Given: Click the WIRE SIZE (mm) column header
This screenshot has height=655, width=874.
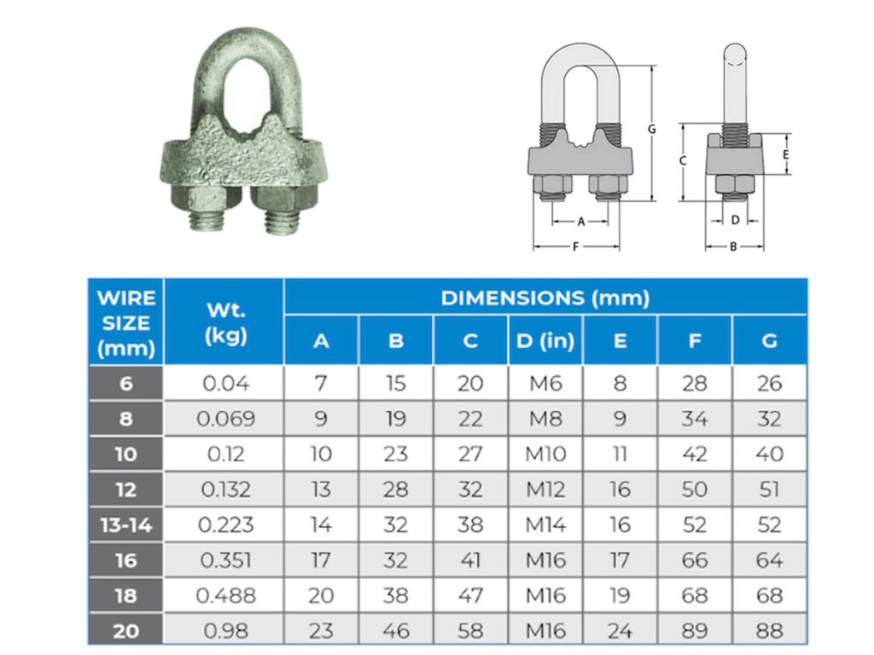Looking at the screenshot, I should tap(126, 322).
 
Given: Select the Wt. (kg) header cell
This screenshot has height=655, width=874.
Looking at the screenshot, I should tap(224, 322).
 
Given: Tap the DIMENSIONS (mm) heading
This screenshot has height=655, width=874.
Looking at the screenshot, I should tap(545, 298).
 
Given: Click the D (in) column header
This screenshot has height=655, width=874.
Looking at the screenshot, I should tap(545, 341).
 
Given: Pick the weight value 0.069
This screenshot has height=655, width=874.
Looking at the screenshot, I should tap(224, 419).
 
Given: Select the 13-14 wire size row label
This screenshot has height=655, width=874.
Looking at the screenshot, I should tap(126, 525).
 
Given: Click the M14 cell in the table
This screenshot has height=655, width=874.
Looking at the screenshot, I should tap(545, 525).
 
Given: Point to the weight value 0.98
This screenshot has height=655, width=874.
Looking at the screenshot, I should tap(224, 630).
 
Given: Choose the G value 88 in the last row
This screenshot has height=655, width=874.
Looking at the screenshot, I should tap(769, 630).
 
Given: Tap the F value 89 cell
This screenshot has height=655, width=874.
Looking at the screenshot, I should tap(695, 630).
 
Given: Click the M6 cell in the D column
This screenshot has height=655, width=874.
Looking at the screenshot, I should tap(545, 383).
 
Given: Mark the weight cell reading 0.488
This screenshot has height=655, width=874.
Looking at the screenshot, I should tap(224, 595).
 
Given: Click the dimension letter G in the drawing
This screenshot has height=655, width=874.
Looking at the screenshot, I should tap(651, 130).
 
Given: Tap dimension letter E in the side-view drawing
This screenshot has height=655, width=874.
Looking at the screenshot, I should tap(785, 155).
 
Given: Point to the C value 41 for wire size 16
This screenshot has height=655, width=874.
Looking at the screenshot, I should tap(470, 559).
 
